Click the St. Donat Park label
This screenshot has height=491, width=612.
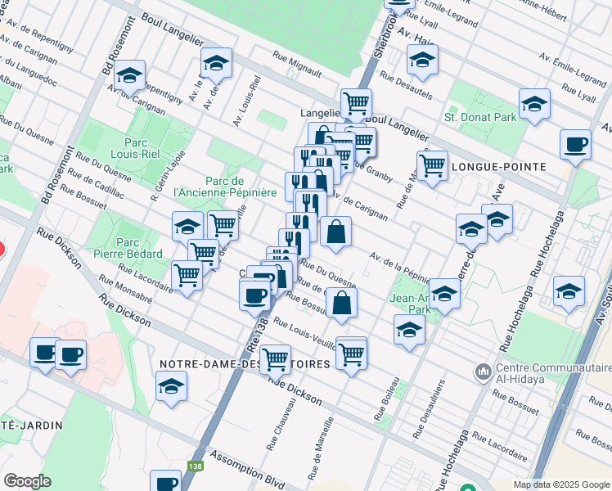(x=480, y=117)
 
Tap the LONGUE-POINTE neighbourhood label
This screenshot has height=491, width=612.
(x=505, y=166)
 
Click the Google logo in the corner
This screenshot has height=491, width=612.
(x=27, y=481)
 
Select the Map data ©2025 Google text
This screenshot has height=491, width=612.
(x=561, y=484)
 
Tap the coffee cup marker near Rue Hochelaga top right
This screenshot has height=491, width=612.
(x=576, y=144)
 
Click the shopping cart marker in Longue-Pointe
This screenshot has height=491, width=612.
(x=431, y=164)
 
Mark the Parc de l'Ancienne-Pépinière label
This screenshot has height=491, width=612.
(x=216, y=187)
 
